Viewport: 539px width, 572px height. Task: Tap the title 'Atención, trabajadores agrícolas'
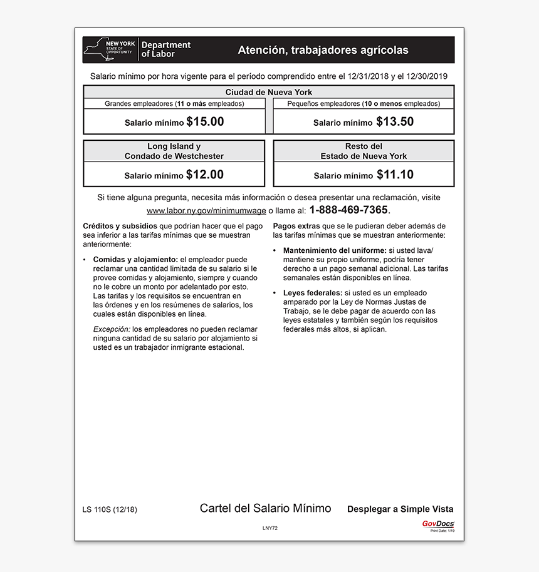tap(323, 50)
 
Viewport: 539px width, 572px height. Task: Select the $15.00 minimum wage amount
tap(205, 122)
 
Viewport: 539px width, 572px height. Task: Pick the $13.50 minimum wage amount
tap(395, 122)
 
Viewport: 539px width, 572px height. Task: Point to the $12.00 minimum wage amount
tap(204, 175)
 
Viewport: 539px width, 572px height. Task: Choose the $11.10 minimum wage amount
tap(395, 175)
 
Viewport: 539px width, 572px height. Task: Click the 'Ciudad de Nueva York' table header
tap(268, 92)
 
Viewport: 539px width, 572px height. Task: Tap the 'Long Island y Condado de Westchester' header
tap(174, 151)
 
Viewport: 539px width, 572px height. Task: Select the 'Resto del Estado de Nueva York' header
tap(364, 151)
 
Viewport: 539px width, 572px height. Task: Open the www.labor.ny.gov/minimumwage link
tap(206, 211)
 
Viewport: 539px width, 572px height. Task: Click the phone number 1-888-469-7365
tap(348, 210)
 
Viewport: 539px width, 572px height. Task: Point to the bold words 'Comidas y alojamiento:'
tap(135, 259)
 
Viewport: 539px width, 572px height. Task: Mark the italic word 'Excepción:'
tap(112, 329)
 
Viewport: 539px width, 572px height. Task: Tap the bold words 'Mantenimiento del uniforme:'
tap(335, 250)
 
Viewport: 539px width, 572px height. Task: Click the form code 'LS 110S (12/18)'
tap(110, 509)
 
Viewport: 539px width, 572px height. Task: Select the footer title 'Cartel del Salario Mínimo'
tap(265, 508)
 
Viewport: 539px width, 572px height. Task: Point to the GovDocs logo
tap(437, 524)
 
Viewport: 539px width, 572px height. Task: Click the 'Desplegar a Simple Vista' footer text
tap(400, 509)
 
